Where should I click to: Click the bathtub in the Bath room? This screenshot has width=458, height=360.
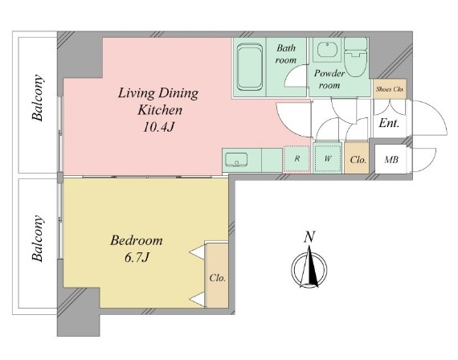[x=249, y=67]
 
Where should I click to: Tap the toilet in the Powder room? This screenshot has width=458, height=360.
[x=355, y=57]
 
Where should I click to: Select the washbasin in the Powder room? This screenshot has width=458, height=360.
[x=327, y=50]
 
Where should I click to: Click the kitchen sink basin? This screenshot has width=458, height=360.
[x=235, y=160]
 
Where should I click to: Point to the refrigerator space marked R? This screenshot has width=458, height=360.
[x=296, y=159]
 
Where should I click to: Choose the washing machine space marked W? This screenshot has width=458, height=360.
[x=328, y=159]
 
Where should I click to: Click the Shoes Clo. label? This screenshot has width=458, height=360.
[x=390, y=89]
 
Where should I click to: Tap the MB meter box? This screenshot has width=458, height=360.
[x=391, y=160]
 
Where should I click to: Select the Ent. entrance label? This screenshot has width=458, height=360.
[x=389, y=123]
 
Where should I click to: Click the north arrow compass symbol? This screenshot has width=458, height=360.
[x=309, y=268]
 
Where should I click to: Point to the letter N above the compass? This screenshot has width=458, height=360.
[x=309, y=237]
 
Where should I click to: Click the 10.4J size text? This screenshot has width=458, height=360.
[x=158, y=127]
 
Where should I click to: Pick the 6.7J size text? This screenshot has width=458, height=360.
[x=137, y=258]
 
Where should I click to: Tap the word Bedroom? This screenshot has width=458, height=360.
[x=137, y=241]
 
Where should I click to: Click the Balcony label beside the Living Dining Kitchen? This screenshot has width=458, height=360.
[x=38, y=98]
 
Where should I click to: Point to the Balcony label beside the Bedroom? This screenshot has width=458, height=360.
[x=38, y=239]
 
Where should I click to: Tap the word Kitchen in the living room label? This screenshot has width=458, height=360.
[x=160, y=110]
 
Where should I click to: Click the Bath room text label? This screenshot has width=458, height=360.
[x=286, y=54]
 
